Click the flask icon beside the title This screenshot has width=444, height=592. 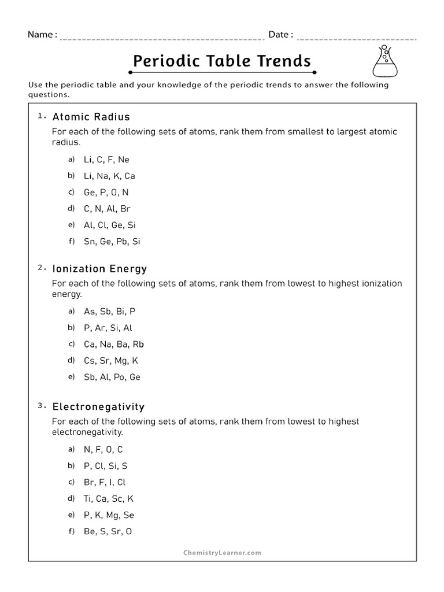pos(384,61)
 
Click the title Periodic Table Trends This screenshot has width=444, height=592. pos(222,61)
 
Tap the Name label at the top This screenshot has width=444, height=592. pos(42,35)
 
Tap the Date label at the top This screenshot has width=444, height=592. pos(280,35)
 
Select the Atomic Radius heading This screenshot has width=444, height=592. pos(91,117)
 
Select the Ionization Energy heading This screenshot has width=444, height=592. pos(99,269)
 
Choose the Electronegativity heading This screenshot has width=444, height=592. pos(98,407)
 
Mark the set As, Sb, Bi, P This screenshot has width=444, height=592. pos(109,311)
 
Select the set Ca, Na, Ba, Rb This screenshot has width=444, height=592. pos(113,344)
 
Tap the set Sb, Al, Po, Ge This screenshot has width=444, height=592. pos(112,377)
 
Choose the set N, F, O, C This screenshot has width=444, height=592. pos(103,449)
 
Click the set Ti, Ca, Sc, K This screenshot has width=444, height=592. pos(108,498)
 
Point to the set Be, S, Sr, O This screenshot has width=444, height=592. pos(108,531)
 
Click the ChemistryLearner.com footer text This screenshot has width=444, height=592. pos(222,553)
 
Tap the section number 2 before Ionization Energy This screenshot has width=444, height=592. pos(41,268)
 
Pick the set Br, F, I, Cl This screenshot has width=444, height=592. pos(104,482)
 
